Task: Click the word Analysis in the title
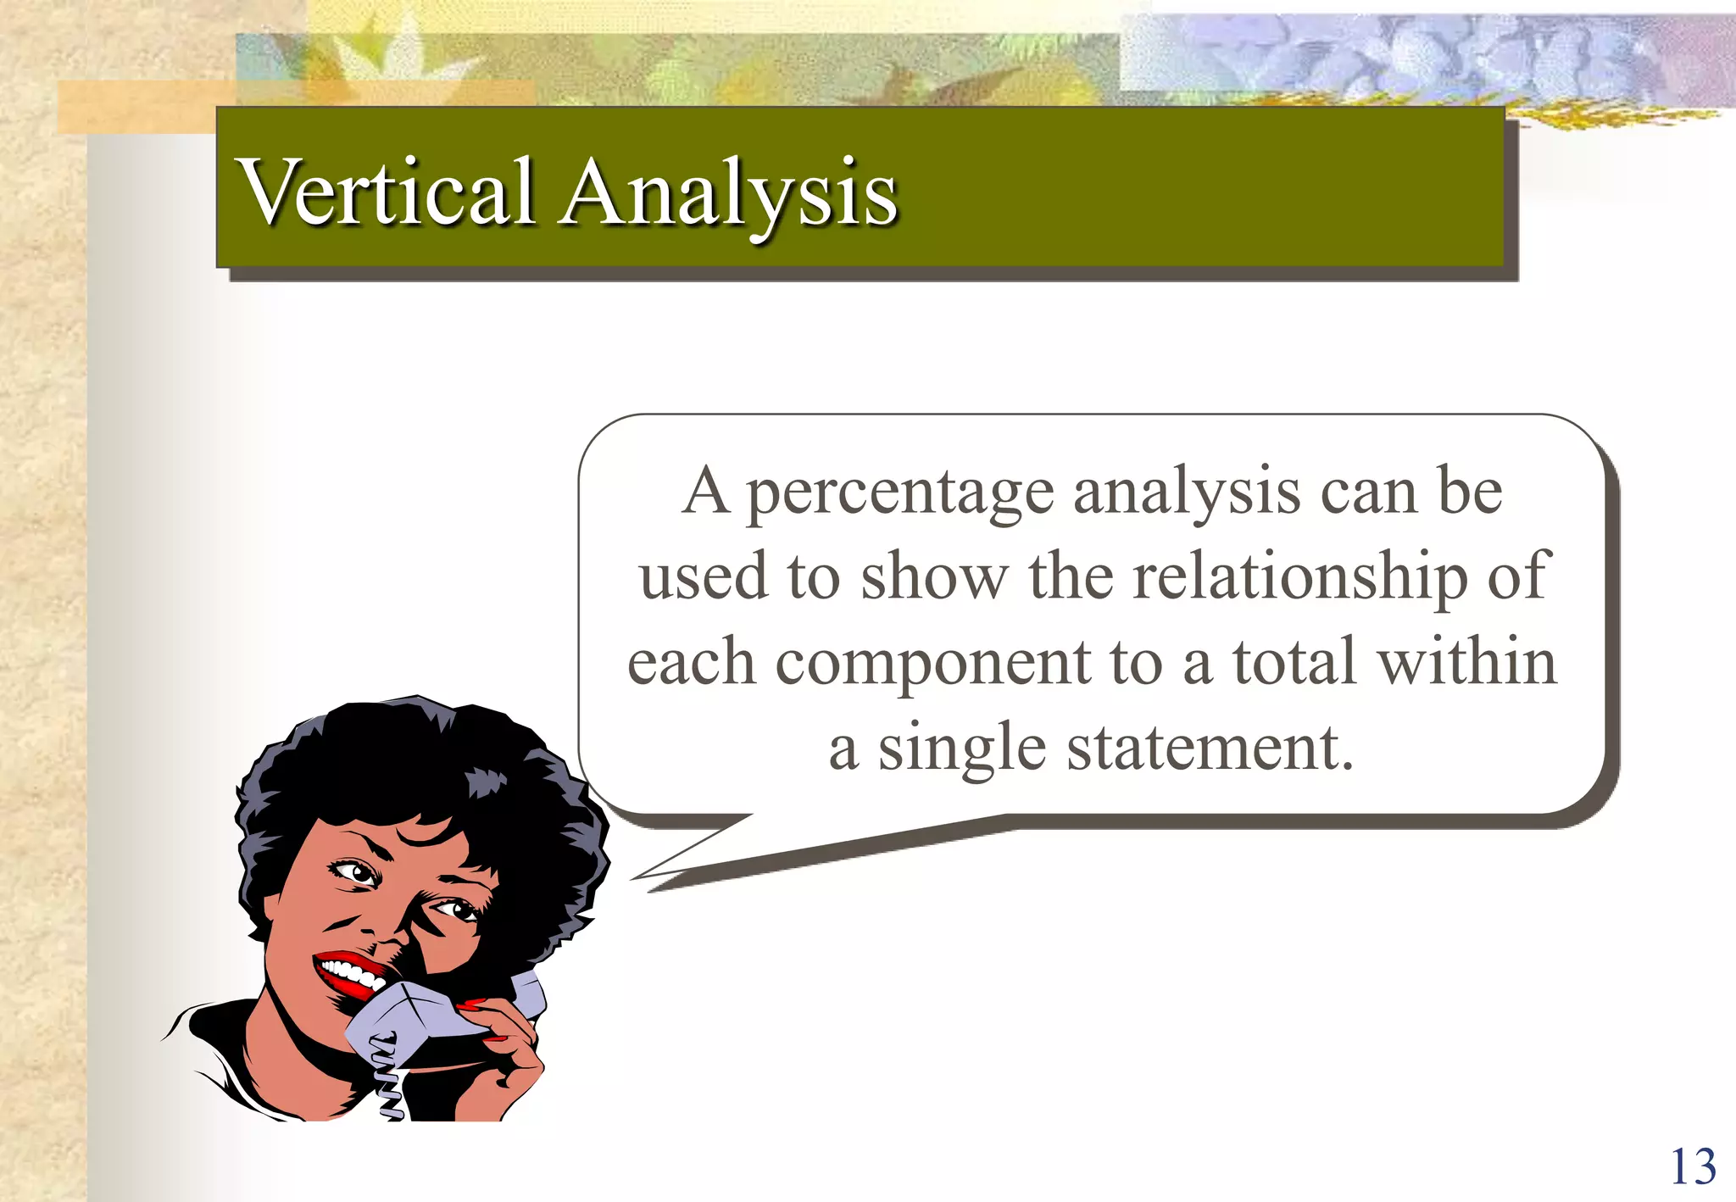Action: [x=727, y=195]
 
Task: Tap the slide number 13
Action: [x=1692, y=1167]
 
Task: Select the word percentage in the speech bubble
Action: [x=900, y=493]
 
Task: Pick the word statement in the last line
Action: [x=1209, y=748]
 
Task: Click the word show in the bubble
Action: [x=934, y=576]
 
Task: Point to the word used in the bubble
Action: [x=703, y=576]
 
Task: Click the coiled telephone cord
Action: [x=387, y=1081]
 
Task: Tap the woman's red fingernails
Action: [x=471, y=1006]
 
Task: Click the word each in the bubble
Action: [x=691, y=663]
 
